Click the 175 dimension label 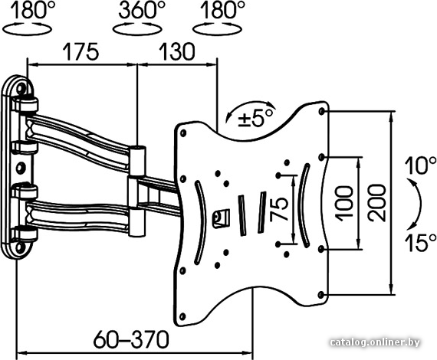[x=80, y=51]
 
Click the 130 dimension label [x=176, y=51]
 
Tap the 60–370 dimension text [x=131, y=339]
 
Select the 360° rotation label [x=141, y=10]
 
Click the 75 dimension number [x=279, y=209]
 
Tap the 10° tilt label [x=420, y=165]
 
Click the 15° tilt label [x=420, y=243]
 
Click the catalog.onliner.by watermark [x=375, y=342]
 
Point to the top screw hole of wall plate [x=21, y=88]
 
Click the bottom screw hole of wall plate [x=20, y=247]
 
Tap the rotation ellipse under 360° [x=137, y=29]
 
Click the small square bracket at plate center [x=221, y=218]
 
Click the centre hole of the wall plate [x=20, y=168]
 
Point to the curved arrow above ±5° [x=250, y=107]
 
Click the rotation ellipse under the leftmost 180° [x=27, y=29]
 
